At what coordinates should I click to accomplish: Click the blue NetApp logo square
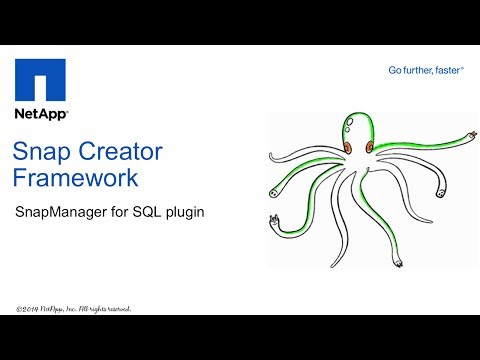click(40, 80)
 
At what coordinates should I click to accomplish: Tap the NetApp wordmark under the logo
click(40, 115)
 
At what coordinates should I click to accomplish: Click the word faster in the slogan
click(452, 70)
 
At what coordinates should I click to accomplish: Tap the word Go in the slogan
click(396, 70)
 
